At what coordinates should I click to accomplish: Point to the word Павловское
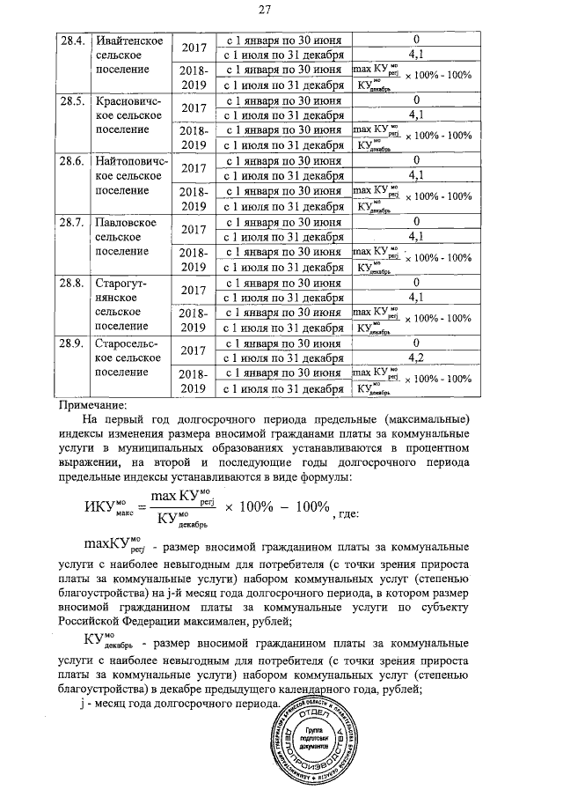(x=126, y=222)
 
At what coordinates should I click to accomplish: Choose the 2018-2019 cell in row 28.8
(x=194, y=320)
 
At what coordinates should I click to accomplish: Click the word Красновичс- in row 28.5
(x=129, y=101)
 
